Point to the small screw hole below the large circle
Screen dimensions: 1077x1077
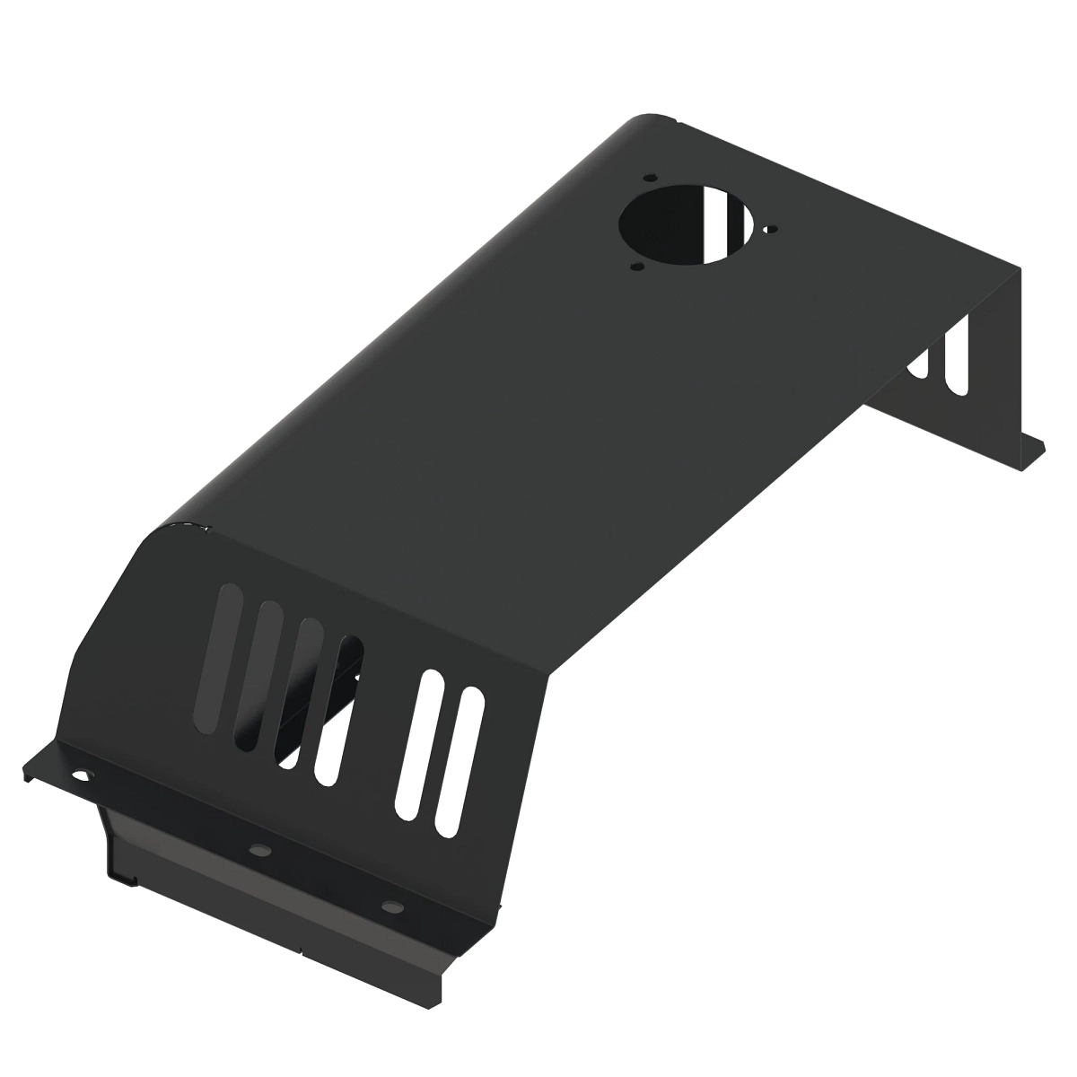pyautogui.click(x=636, y=266)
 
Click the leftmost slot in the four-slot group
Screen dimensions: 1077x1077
pyautogui.click(x=219, y=653)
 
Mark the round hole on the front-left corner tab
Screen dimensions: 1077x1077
pyautogui.click(x=83, y=774)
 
